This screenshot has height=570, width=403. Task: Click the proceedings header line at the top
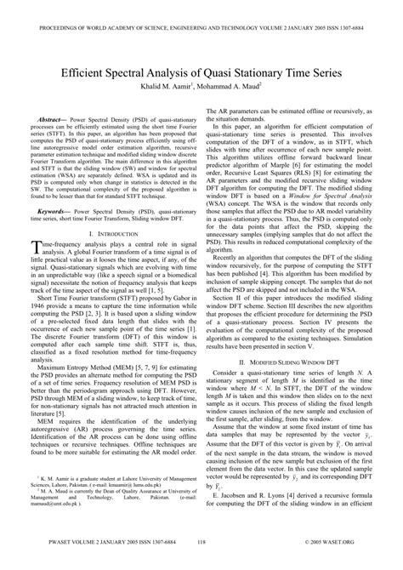pos(201,9)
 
